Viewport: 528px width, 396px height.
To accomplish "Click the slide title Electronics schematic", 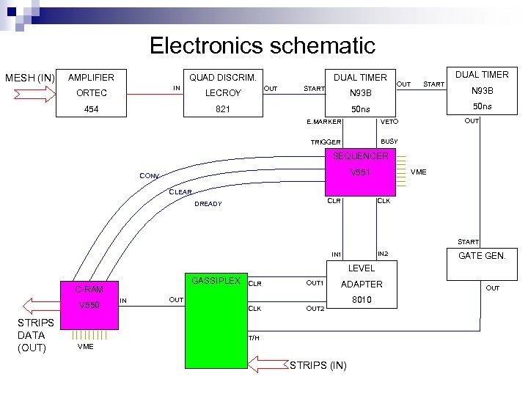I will tap(263, 45).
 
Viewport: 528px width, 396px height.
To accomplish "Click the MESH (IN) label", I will tap(30, 78).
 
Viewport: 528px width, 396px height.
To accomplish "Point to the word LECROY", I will tap(223, 93).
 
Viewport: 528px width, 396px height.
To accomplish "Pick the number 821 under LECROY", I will tap(223, 109).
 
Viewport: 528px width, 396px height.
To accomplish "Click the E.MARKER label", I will tap(326, 122).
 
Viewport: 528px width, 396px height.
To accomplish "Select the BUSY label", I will tap(389, 141).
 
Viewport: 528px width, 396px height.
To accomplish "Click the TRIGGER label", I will tap(326, 142).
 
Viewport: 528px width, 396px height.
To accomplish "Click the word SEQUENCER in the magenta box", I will tap(361, 156).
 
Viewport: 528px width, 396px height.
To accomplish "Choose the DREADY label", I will tap(208, 204).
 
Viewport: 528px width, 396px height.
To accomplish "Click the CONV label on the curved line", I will tap(150, 176).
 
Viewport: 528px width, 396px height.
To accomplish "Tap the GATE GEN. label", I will tap(487, 256).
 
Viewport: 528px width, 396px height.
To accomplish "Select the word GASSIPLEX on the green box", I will tap(216, 281).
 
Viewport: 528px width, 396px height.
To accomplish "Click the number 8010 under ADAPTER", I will tap(361, 300).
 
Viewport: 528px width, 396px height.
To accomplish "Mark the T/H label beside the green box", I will tap(253, 338).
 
